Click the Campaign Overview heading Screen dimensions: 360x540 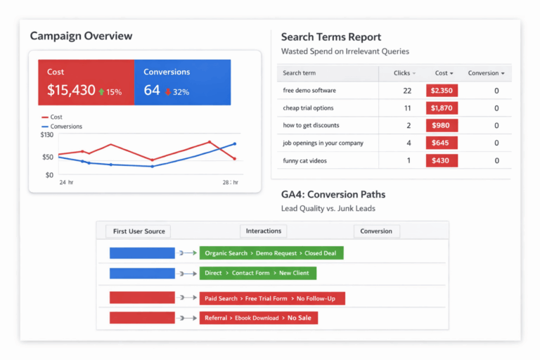pos(81,36)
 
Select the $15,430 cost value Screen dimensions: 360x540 pos(71,91)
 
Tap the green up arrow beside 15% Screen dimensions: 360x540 pos(101,91)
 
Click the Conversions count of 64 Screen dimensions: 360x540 pos(152,91)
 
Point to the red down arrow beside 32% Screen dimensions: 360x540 pos(168,91)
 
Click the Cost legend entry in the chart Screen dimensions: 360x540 pos(52,117)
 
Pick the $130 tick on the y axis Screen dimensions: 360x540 pos(47,134)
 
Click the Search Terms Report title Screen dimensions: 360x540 pos(330,37)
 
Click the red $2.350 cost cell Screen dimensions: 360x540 pos(442,91)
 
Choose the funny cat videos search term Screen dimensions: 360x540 pos(304,161)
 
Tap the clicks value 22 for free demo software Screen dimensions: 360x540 pos(407,91)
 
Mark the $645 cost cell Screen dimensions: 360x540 pos(442,143)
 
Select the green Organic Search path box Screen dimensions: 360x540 pos(271,253)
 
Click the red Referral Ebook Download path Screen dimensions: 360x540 pos(258,318)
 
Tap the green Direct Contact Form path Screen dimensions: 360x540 pos(258,273)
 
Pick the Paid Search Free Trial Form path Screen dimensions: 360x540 pos(272,298)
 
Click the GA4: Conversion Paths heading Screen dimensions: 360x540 pos(333,195)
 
